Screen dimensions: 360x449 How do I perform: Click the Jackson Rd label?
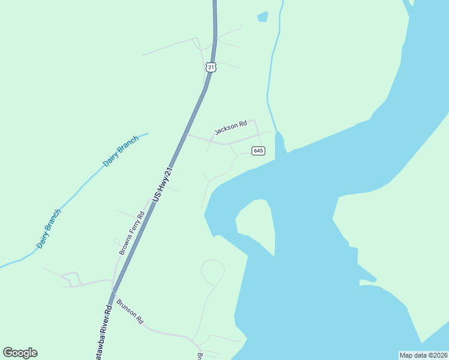tap(231, 128)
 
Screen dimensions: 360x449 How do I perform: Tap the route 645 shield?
tap(259, 151)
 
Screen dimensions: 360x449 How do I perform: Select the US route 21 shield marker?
tap(210, 67)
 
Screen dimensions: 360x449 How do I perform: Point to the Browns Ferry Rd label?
tap(132, 233)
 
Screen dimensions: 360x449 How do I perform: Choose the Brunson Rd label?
tap(130, 311)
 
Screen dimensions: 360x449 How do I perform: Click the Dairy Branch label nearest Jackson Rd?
tap(121, 151)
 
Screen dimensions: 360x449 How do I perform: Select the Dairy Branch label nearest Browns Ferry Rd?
tap(49, 229)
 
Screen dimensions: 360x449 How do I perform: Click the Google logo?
tap(20, 353)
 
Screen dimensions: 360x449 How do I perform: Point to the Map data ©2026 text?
tap(424, 355)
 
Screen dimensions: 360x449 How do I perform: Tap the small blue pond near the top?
tap(262, 17)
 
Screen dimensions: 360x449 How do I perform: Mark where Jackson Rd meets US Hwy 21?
tap(186, 135)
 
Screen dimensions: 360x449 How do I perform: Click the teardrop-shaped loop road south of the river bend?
tap(212, 272)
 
